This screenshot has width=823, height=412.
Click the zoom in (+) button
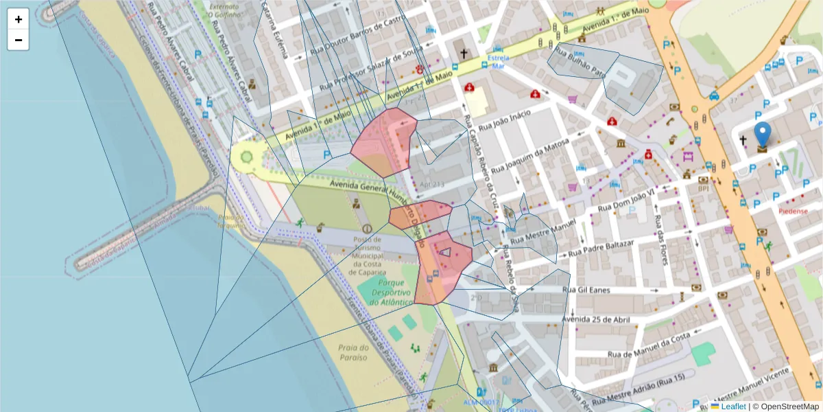pyautogui.click(x=19, y=19)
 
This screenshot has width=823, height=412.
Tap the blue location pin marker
pyautogui.click(x=762, y=135)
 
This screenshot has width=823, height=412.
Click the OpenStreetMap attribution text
pyautogui.click(x=786, y=407)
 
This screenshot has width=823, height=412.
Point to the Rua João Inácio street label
pyautogui.click(x=505, y=121)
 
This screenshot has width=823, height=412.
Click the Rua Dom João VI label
pyautogui.click(x=627, y=200)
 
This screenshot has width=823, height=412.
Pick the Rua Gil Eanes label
pyautogui.click(x=586, y=290)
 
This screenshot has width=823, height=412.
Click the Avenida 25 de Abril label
pyautogui.click(x=595, y=319)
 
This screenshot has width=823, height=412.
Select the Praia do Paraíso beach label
pyautogui.click(x=353, y=352)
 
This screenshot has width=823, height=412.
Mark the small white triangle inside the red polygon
pyautogui.click(x=445, y=251)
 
